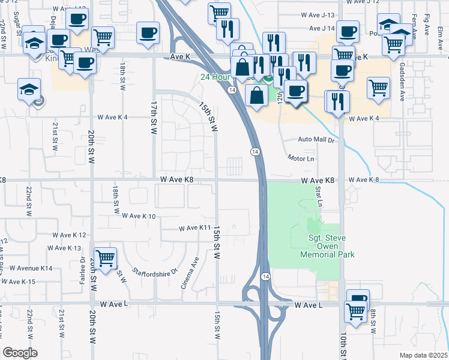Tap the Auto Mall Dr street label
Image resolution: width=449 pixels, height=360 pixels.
point(315,139)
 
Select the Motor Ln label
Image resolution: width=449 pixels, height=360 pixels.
point(301,158)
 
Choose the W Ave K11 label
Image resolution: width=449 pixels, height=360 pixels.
point(195,228)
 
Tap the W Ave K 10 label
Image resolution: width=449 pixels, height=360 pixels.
point(139,215)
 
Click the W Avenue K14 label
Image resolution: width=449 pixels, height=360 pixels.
point(26,268)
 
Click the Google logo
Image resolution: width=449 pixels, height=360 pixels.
point(20,353)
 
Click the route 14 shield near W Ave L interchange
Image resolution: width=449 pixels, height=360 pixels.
point(265,276)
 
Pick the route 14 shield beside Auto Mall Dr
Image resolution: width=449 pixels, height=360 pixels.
point(255,152)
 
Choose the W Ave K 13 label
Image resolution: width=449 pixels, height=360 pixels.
point(66,248)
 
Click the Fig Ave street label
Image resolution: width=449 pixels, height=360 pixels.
point(427,26)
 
